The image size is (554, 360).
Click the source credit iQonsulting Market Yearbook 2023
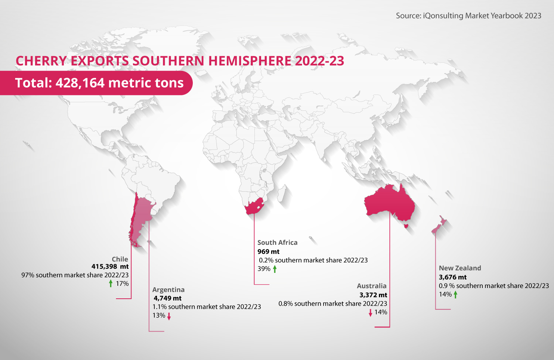pos(468,16)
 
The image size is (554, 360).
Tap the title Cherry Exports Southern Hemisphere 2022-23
pos(180,61)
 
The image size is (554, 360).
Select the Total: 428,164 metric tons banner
pos(99,83)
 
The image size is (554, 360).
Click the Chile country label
pos(120,259)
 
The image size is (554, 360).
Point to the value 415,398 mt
pos(110,267)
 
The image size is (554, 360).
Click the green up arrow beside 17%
pos(111,284)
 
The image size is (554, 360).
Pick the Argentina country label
pos(168,290)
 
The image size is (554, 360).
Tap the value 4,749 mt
pos(168,298)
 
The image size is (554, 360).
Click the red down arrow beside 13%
pos(169,316)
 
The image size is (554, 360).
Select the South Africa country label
pos(277,243)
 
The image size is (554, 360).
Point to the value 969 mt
pos(269,252)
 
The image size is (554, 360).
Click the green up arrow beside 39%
pos(275,269)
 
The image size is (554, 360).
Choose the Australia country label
pos(372,286)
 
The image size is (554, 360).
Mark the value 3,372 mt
pos(373,295)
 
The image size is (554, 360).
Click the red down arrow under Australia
pos(370,313)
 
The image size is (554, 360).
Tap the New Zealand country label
pos(460,268)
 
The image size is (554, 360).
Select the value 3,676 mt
pos(452,277)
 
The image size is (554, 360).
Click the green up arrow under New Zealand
pos(456,295)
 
